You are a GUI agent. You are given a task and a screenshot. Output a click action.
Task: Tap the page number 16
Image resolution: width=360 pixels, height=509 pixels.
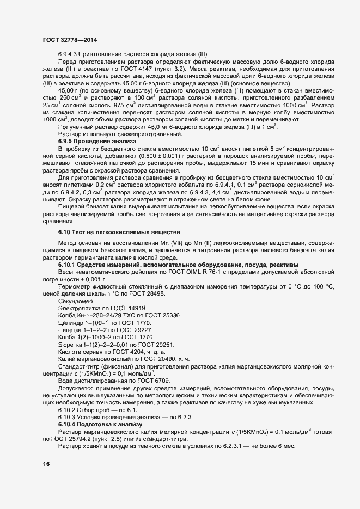pos(46,463)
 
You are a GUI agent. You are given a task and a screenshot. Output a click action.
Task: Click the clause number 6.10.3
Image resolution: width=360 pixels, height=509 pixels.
pos(69,416)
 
